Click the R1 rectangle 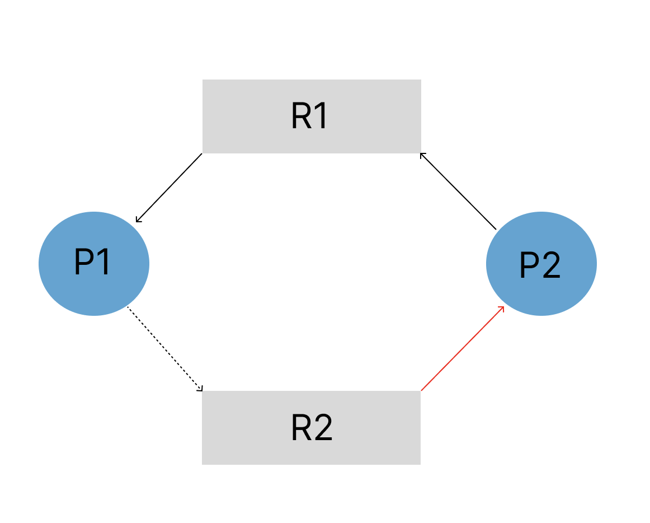tap(312, 116)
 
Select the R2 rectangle tap(312, 428)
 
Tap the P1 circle tap(94, 264)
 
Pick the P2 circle tap(541, 264)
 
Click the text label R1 tap(310, 116)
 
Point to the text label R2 tap(312, 428)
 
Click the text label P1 tap(92, 261)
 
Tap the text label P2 tap(540, 264)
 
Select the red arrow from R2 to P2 tap(463, 348)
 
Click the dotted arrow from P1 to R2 tap(165, 349)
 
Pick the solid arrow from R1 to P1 tap(169, 188)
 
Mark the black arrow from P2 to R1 tap(458, 191)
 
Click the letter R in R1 tap(302, 116)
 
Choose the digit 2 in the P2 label tap(552, 264)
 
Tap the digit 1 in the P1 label tap(105, 261)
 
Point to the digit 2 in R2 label tap(323, 428)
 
